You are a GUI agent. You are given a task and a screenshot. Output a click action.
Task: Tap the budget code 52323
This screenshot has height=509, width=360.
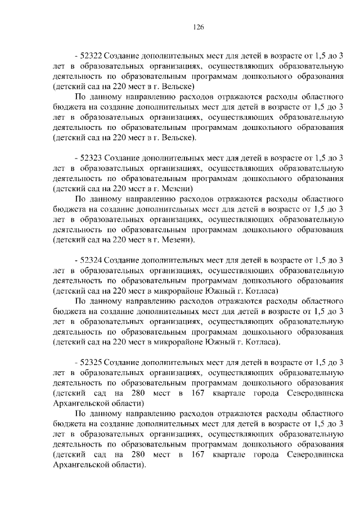(x=91, y=159)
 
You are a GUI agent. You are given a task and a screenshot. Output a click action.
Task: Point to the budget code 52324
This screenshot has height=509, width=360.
(x=91, y=260)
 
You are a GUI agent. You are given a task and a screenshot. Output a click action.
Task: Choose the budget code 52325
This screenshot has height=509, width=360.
(x=91, y=362)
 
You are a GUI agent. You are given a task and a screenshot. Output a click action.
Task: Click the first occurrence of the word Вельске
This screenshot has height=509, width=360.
(x=178, y=88)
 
